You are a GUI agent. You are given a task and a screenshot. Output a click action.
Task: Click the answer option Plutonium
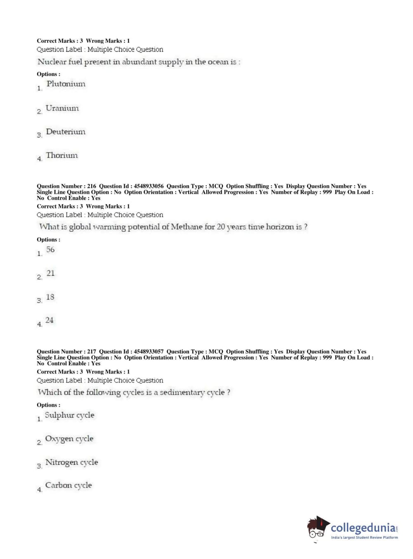pos(66,84)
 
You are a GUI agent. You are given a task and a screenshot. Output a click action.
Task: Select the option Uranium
pos(62,108)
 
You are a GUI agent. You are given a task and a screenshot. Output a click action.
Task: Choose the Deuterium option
pos(66,132)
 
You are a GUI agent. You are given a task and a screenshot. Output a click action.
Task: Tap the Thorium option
pos(61,155)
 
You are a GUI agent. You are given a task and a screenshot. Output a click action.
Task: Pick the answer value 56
pos(50,249)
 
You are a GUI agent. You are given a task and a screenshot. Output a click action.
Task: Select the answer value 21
pos(50,273)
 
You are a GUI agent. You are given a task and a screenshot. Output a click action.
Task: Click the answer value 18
pos(50,297)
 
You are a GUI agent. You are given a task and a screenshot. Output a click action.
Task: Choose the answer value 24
pos(50,320)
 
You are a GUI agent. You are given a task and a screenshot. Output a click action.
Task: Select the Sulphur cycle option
pos(69,415)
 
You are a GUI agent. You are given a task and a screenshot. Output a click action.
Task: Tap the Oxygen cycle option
pos(69,439)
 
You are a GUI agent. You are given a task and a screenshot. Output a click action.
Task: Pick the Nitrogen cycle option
pos(71,462)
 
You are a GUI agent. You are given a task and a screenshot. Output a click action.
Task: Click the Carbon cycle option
pos(68,485)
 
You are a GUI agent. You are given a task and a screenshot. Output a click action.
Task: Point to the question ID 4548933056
pos(149,186)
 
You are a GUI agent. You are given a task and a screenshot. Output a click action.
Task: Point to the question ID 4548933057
pos(149,352)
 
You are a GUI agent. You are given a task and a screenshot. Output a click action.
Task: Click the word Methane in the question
pos(186,227)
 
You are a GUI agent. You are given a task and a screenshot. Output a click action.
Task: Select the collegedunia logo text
pos(363,528)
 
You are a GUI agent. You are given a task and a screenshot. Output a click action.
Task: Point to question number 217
pos(92,352)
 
